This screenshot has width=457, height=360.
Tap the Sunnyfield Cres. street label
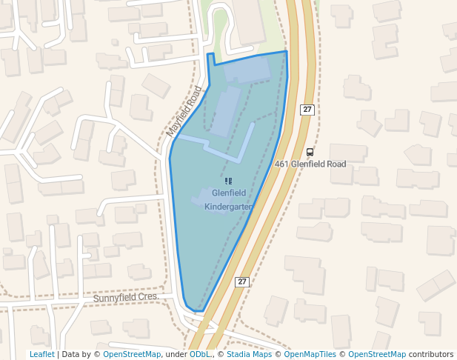(127, 296)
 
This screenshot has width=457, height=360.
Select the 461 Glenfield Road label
(310, 164)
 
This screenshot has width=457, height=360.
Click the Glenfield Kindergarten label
(229, 200)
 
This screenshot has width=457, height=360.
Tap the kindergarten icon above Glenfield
(228, 181)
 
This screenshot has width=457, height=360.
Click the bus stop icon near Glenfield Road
(310, 152)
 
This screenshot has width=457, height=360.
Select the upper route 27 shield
(307, 110)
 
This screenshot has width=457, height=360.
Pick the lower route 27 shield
(241, 281)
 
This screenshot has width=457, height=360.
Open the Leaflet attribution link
(41, 354)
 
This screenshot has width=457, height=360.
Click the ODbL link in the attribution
(199, 354)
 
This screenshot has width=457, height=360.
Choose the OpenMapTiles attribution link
(310, 354)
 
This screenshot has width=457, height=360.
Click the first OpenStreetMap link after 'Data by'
(132, 354)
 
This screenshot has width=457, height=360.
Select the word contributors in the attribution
(431, 354)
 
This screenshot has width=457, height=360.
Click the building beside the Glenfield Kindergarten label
(203, 197)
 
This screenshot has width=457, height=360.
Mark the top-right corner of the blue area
(286, 52)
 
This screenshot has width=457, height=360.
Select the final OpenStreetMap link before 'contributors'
(377, 354)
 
